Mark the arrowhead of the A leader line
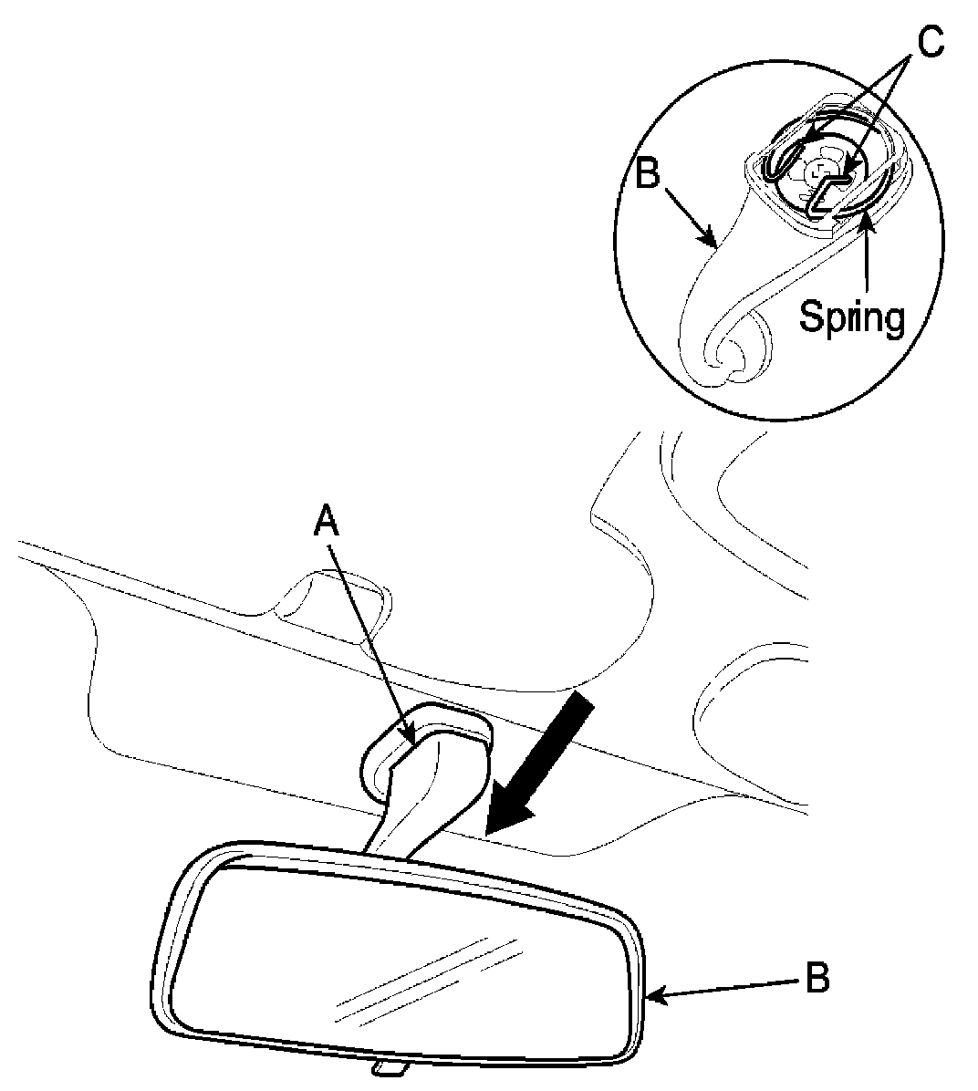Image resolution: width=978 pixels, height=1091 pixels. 411,738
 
